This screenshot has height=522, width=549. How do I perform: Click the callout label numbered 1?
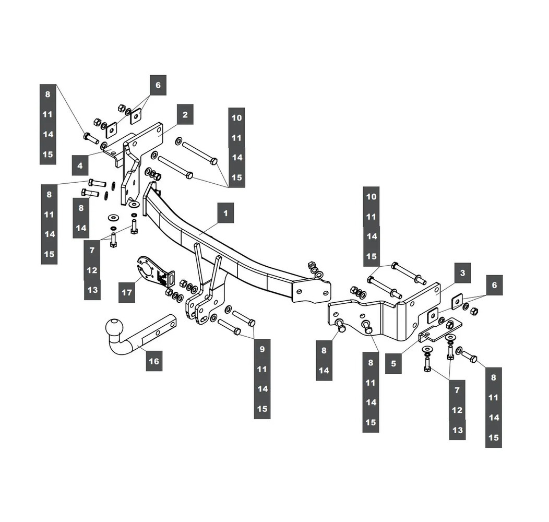click(x=225, y=213)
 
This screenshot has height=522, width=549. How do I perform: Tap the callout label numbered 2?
click(x=185, y=114)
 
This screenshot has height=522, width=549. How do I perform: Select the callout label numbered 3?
click(x=462, y=273)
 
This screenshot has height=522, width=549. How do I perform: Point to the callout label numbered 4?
click(x=80, y=166)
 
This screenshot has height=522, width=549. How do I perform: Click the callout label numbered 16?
click(x=154, y=361)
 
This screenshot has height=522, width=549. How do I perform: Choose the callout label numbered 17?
click(x=127, y=292)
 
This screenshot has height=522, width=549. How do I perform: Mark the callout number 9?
click(x=262, y=349)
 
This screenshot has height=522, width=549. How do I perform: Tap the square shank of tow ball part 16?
click(x=157, y=332)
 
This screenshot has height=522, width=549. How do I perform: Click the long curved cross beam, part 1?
click(x=235, y=251)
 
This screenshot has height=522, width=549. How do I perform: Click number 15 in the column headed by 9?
click(x=262, y=409)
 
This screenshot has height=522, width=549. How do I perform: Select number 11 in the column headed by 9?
click(x=262, y=369)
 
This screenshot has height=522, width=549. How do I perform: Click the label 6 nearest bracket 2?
click(x=158, y=85)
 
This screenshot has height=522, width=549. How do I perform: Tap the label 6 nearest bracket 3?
click(x=494, y=286)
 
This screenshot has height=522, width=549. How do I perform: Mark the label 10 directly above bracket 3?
click(x=371, y=197)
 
